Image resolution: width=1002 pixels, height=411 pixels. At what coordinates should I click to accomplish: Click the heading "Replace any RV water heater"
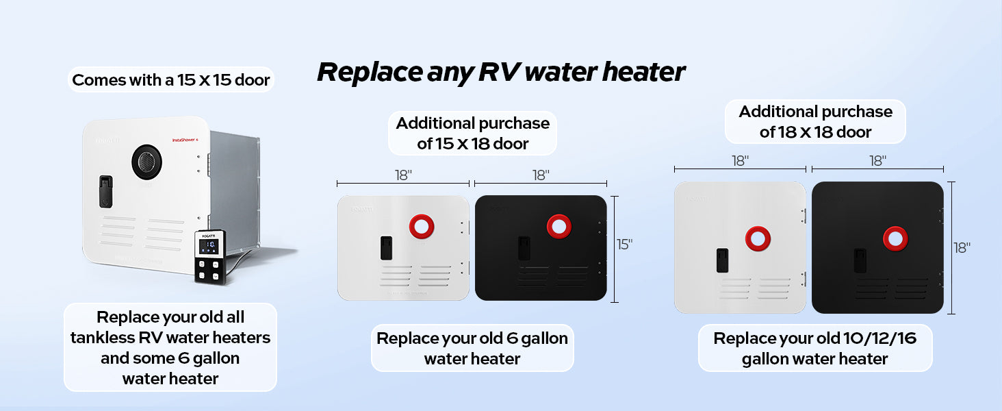[500, 72]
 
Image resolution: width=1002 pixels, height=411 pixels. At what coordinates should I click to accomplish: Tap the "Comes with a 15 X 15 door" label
[170, 80]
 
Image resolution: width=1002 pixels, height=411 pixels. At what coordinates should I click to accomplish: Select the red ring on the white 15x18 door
[422, 226]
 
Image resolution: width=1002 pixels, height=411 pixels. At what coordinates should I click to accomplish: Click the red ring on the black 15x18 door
[559, 226]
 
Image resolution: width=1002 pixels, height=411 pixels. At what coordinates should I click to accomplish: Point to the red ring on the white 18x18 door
[758, 238]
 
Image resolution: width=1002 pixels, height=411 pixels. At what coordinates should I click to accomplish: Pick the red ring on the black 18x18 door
[895, 238]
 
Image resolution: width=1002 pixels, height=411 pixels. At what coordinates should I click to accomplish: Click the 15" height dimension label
[624, 245]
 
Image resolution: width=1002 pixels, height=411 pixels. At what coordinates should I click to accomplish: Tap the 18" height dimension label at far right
[962, 248]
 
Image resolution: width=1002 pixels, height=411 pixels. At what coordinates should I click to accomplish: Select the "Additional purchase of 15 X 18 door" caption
[472, 133]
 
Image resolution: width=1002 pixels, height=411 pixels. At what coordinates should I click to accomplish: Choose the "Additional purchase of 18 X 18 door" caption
[815, 121]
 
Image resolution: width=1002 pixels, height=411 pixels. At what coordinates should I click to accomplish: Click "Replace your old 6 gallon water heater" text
[472, 348]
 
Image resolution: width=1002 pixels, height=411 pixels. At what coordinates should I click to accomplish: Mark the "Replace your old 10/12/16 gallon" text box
[814, 348]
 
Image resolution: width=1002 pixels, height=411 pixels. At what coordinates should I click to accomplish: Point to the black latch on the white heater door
[105, 191]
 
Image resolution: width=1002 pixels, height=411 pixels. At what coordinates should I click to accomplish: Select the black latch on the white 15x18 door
[386, 248]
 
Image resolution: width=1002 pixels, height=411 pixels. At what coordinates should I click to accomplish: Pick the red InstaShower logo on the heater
[184, 140]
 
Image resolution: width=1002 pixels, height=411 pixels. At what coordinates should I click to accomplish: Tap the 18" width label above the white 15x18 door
[403, 175]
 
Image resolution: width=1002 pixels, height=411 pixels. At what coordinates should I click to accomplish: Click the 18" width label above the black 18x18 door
[877, 161]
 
